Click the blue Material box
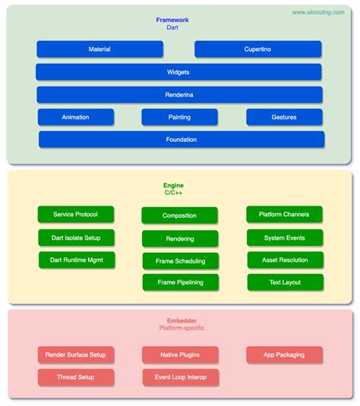[x=99, y=49]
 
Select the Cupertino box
[x=257, y=49]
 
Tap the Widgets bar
[x=178, y=72]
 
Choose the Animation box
[x=76, y=117]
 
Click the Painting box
[x=179, y=117]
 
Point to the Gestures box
[x=284, y=117]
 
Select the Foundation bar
[x=181, y=140]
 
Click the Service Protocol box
[x=76, y=215]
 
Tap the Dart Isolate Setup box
[x=76, y=238]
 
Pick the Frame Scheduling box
[x=179, y=260]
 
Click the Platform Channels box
[x=285, y=215]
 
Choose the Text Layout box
[x=285, y=282]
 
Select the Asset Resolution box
[x=285, y=260]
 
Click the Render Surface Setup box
[x=76, y=354]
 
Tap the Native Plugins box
[x=179, y=354]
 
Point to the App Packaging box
[x=285, y=354]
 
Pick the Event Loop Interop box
[x=179, y=376]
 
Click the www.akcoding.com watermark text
[x=317, y=12]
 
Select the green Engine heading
[x=173, y=185]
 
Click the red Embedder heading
[x=182, y=320]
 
